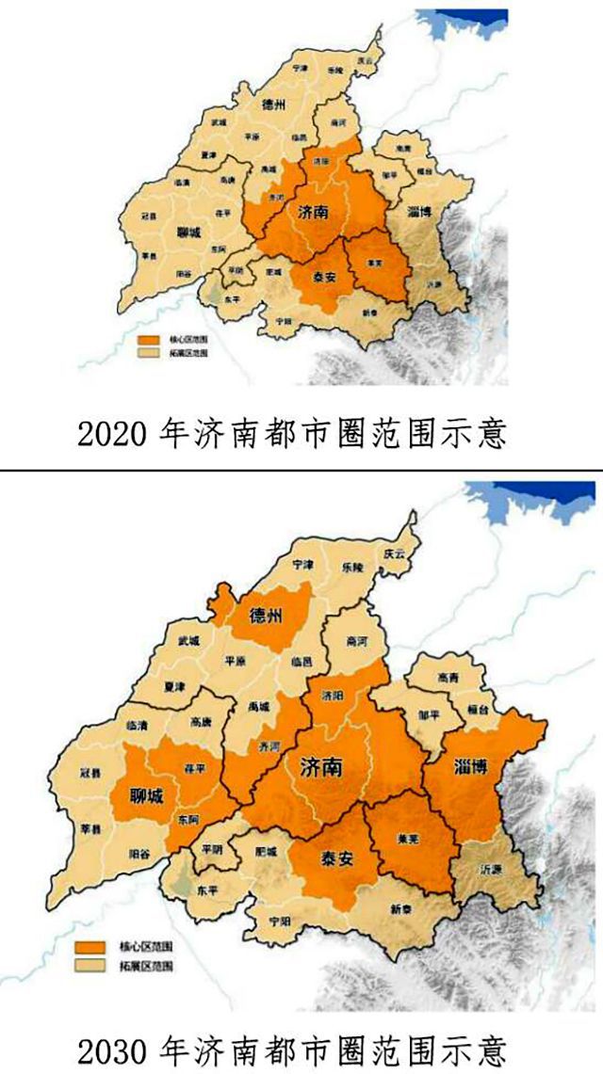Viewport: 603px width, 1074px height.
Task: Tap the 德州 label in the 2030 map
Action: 267,617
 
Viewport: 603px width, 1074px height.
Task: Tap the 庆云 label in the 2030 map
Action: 392,553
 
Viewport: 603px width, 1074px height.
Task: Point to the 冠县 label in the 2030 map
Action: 90,774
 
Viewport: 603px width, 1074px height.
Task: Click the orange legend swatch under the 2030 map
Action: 92,945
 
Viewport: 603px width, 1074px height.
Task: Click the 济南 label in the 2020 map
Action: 313,213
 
